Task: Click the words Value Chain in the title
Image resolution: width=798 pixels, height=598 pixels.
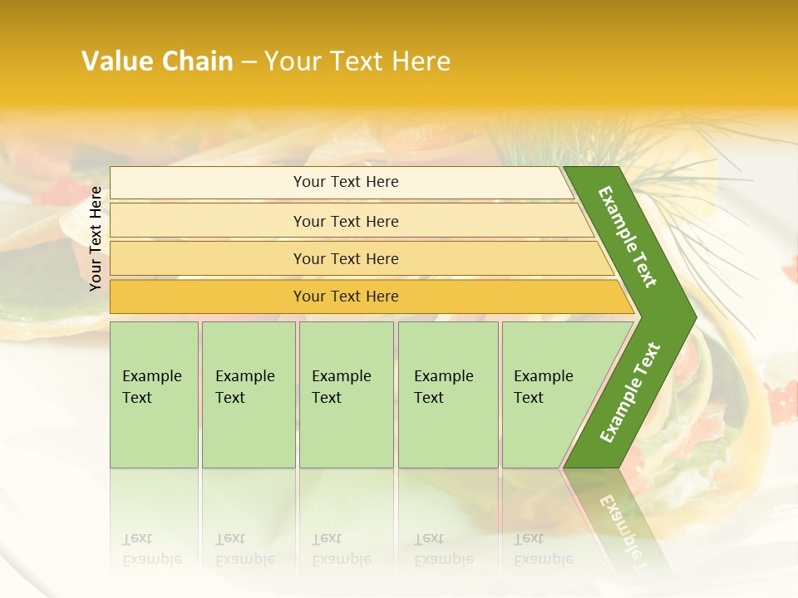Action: [157, 61]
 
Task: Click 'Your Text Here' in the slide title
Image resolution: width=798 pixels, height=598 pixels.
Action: [357, 61]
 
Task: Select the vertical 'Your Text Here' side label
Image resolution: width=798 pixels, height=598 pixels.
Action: [96, 238]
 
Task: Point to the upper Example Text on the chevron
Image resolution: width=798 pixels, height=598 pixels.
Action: [628, 237]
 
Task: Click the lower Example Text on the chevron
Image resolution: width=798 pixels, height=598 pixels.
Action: [629, 393]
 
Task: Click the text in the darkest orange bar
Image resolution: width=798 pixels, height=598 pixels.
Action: [346, 297]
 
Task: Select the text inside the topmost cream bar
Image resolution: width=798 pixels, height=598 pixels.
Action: [346, 182]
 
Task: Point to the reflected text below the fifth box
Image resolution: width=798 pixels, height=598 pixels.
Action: [543, 550]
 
